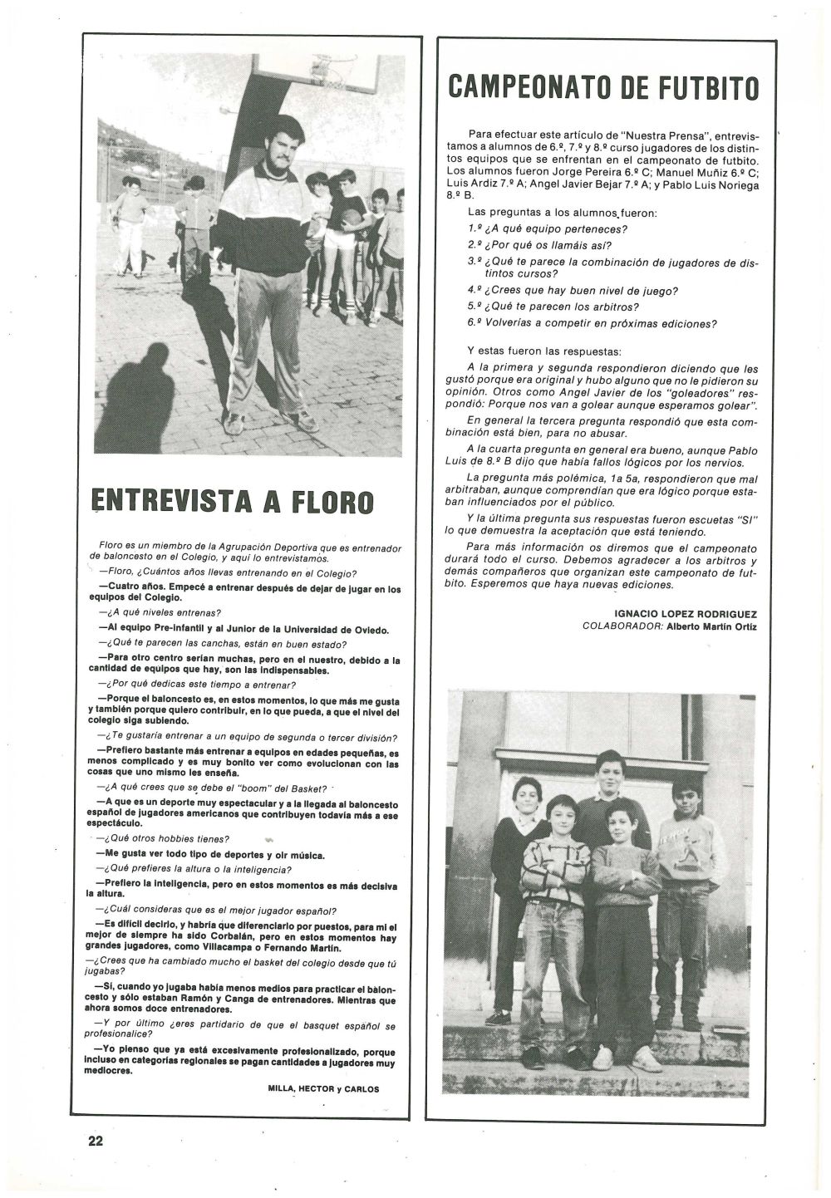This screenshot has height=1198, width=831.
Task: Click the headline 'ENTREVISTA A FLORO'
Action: coord(232,500)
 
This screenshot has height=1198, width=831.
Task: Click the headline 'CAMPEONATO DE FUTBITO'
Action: coord(603,87)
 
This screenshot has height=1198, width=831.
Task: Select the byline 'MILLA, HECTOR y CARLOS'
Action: coord(323,1088)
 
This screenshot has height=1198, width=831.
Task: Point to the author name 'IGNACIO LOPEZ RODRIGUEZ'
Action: coord(686,614)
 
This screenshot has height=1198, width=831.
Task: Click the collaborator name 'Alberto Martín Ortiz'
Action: coord(711,626)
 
